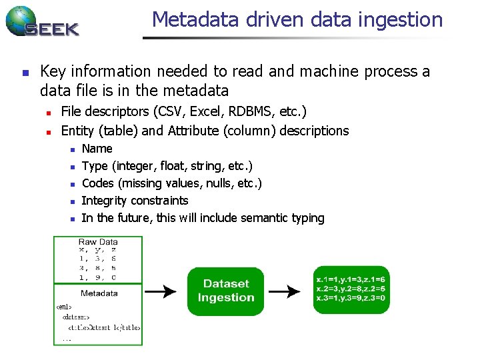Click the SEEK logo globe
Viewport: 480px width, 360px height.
[x=20, y=21]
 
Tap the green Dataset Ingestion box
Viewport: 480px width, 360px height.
[x=226, y=291]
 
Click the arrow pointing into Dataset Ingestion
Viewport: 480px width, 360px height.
[x=161, y=291]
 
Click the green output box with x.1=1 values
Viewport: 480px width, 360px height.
[x=350, y=289]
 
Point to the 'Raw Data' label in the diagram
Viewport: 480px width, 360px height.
[x=98, y=242]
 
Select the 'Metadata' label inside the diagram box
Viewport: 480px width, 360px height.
[x=99, y=293]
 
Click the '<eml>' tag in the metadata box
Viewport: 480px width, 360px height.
[x=65, y=307]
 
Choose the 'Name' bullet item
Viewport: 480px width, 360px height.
[x=97, y=149]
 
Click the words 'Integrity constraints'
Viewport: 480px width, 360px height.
[x=135, y=201]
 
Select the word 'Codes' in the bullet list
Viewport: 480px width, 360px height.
[x=97, y=183]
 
